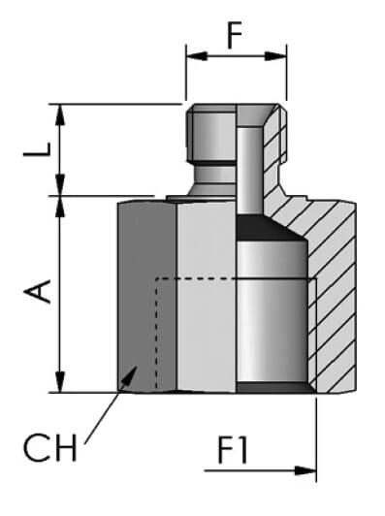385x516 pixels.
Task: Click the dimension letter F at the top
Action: [235, 35]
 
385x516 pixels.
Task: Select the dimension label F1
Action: [233, 450]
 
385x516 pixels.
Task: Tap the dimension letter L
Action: [37, 149]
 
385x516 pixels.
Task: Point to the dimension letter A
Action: [37, 291]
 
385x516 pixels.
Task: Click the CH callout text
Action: [50, 447]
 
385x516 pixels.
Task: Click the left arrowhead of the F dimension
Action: [197, 56]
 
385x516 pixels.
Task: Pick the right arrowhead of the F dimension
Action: [275, 56]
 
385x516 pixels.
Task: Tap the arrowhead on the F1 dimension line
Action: [305, 470]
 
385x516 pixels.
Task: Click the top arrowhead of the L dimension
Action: [59, 114]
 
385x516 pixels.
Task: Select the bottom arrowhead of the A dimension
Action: [59, 382]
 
